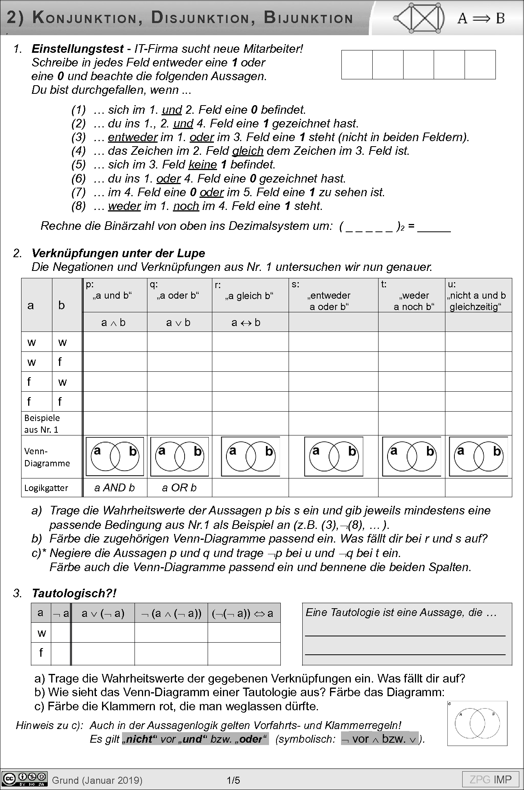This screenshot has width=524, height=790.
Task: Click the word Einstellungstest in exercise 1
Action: (77, 49)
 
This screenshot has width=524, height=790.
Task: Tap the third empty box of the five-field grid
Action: (418, 64)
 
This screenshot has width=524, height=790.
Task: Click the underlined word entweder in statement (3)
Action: (133, 137)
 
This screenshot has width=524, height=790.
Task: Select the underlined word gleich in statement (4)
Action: (248, 151)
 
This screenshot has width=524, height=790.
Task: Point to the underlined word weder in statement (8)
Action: (124, 206)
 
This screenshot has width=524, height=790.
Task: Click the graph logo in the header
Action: (420, 18)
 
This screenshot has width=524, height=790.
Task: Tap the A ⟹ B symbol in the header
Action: (481, 18)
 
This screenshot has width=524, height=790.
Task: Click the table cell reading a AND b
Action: (115, 487)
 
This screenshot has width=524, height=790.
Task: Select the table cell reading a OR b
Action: (179, 487)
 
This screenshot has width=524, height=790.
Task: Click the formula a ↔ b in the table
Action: (246, 322)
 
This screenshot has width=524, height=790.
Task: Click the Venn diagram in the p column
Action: (115, 456)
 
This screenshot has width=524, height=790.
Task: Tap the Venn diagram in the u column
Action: (478, 456)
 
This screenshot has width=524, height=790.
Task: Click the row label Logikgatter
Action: (46, 488)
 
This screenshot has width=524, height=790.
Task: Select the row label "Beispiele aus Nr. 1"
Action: (42, 423)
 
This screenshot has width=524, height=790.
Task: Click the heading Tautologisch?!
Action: (74, 593)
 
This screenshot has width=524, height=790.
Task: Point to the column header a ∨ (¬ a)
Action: (103, 613)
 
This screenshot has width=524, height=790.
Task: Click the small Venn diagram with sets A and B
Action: (477, 724)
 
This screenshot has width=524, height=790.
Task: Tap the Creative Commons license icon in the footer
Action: (24, 779)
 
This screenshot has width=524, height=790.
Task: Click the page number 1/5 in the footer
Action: (233, 781)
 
